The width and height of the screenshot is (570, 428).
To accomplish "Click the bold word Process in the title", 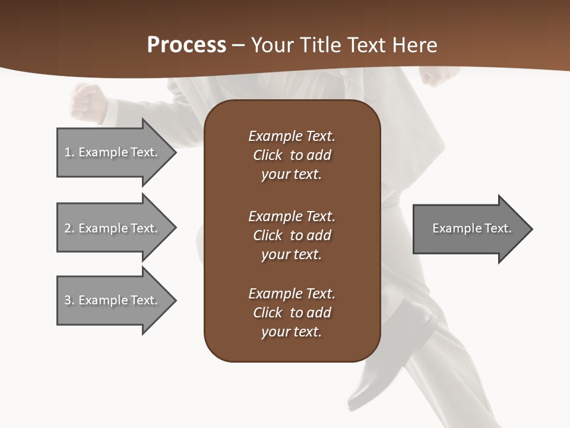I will tap(186, 45).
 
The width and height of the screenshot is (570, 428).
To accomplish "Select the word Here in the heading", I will tap(415, 45).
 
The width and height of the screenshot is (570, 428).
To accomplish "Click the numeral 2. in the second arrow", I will tap(69, 228).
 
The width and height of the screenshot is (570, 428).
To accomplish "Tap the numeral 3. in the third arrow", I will tap(69, 300).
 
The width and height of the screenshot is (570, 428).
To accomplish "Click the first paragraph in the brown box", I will tap(292, 155).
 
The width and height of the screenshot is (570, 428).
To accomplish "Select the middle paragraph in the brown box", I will tap(292, 235).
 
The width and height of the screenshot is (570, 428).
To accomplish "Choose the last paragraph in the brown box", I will tap(292, 313).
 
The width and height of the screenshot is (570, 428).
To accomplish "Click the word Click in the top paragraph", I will tap(267, 155).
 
